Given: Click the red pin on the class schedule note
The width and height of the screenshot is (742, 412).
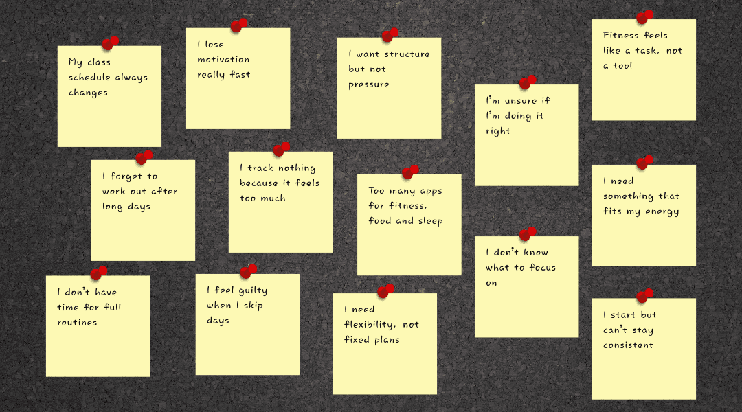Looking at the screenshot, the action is coord(110,44).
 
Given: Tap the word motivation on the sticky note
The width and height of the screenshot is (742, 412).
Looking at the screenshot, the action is coord(223,60).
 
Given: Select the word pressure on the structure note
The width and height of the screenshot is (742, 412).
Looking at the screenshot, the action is coord(368,84).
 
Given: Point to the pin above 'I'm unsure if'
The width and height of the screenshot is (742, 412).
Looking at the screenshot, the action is coord(527,83).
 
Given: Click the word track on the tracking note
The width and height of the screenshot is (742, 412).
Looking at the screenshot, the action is coord(262,168).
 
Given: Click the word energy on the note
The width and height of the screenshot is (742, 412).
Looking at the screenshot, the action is coord(662,211).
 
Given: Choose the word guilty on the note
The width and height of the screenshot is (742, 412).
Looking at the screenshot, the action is coord(254,290).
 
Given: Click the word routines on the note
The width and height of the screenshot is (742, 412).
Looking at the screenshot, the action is coord(77,323).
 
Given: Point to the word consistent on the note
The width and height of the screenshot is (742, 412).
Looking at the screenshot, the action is coord(628,345).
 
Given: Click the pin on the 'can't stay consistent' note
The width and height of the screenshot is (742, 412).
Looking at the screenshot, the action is coord(644,296).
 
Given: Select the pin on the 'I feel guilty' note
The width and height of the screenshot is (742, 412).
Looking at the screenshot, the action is coord(248,272).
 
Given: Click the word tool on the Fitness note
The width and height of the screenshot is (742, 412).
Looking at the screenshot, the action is coord(622,66).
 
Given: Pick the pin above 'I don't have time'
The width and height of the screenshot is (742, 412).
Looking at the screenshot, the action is coord(98,273).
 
